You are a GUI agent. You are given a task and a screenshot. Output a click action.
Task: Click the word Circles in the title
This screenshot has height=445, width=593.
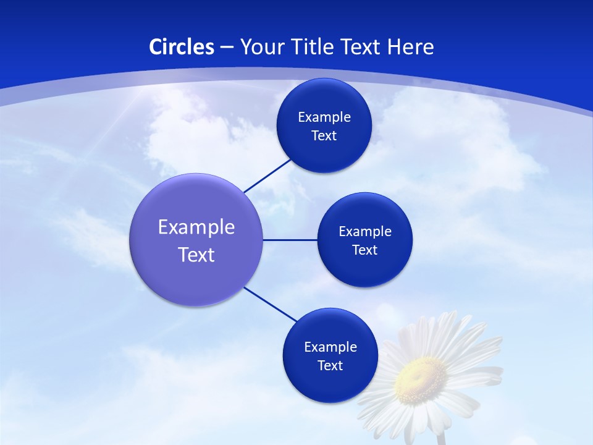(181, 47)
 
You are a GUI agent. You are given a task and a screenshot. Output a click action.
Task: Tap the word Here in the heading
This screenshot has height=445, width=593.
(411, 47)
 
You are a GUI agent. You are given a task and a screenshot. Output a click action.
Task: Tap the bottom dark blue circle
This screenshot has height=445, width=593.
(330, 383)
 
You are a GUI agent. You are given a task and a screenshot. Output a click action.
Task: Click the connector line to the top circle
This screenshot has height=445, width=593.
(267, 176)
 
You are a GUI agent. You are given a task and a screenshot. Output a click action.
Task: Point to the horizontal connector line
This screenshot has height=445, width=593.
(290, 240)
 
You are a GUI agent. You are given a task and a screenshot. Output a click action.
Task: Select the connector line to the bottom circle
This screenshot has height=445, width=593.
(271, 304)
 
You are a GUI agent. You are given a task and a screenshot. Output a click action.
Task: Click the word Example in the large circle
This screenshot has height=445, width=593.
(196, 227)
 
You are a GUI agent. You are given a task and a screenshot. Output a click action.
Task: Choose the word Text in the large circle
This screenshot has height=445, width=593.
(196, 255)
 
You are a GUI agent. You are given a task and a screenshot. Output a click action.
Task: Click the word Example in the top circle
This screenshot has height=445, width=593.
(324, 117)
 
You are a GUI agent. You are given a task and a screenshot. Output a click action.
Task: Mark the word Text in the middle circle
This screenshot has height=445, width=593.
(364, 250)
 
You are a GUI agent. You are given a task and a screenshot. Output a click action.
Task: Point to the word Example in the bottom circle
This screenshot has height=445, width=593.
(330, 347)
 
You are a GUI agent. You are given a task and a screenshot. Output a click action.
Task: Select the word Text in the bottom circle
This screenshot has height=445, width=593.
(330, 366)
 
